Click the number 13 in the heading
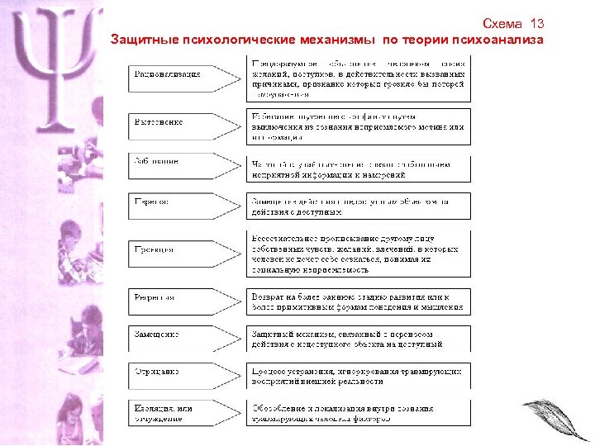pos(536,23)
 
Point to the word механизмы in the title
pos(345,40)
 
